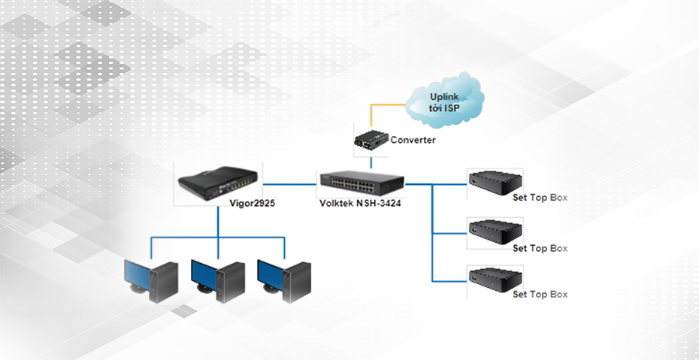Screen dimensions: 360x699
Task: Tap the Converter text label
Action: coord(413,140)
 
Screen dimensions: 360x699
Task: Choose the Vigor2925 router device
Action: coord(216,183)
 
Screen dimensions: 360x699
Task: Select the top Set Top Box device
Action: coord(495,183)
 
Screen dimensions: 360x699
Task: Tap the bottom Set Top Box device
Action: coord(495,277)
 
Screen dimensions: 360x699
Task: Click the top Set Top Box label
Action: coord(540,198)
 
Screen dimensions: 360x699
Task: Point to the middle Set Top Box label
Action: coord(540,248)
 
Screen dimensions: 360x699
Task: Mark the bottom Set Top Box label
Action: coord(540,295)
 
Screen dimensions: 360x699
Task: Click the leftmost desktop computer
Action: coord(151,280)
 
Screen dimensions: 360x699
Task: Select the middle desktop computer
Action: coord(218,280)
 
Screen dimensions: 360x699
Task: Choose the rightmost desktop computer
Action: coord(284,280)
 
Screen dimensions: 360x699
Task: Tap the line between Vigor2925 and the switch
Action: coord(289,182)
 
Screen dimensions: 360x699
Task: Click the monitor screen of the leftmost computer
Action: coord(138,274)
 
